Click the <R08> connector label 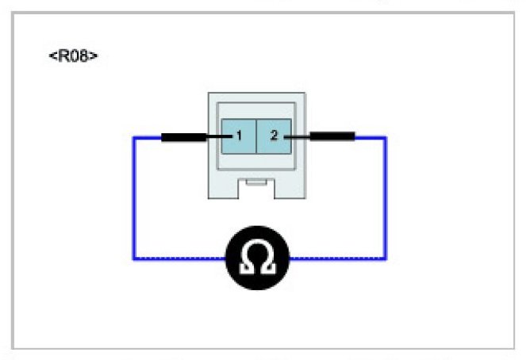coord(74,56)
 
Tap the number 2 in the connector coord(274,136)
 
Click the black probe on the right coord(332,137)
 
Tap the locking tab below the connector coord(255,183)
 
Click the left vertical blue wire coord(133,198)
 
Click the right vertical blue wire coord(386,198)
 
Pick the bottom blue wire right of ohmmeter coord(337,259)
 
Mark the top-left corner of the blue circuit coord(133,137)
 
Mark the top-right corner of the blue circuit coord(386,137)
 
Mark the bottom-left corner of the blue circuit coord(133,259)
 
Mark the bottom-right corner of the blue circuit coord(386,259)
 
